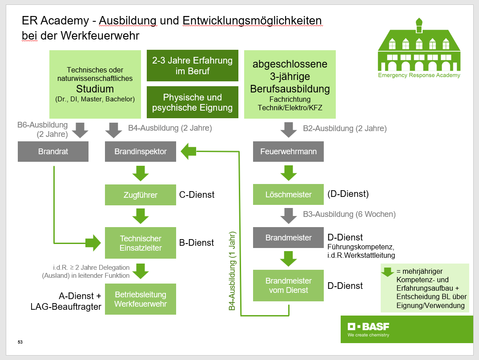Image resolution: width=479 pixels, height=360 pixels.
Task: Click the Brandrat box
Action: click(53, 152)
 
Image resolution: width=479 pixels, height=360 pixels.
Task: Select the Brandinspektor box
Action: click(141, 152)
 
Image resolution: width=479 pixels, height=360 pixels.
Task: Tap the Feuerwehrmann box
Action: click(288, 152)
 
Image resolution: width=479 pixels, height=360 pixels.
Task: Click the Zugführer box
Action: click(141, 195)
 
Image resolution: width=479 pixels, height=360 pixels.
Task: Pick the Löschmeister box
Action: click(288, 195)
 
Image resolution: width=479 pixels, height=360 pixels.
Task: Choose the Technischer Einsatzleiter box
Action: click(141, 243)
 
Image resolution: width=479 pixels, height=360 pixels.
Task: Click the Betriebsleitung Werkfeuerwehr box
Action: click(141, 299)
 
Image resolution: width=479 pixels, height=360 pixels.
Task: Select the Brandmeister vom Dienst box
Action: click(288, 285)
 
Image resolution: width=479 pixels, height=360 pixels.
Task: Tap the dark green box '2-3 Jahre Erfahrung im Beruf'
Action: click(193, 66)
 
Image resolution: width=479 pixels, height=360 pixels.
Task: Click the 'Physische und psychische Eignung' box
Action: click(193, 102)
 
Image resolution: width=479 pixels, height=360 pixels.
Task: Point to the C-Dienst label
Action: click(197, 195)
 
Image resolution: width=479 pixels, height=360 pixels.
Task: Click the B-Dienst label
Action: click(197, 243)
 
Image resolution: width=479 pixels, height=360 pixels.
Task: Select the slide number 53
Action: click(20, 342)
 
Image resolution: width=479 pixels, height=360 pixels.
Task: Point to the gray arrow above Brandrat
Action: click(80, 130)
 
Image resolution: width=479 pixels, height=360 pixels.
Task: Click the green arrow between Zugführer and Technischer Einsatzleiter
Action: click(141, 216)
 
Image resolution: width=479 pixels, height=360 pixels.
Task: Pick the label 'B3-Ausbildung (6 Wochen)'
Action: click(349, 214)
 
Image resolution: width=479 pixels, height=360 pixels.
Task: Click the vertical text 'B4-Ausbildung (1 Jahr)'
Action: click(232, 271)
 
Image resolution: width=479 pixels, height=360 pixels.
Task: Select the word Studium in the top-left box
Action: click(95, 89)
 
